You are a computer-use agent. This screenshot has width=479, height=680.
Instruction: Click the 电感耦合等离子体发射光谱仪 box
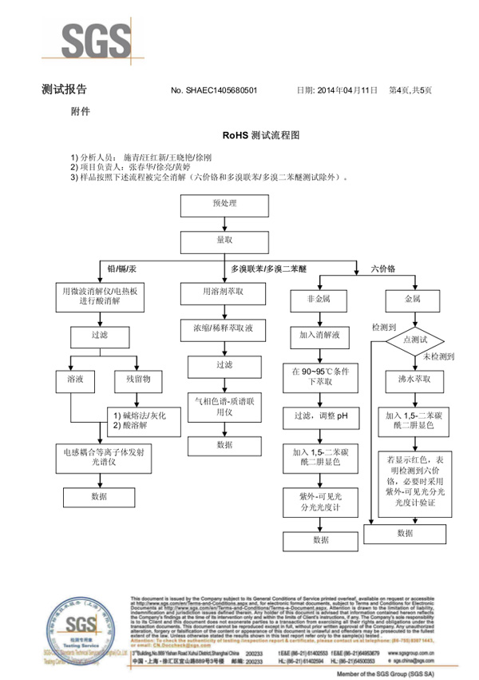coord(101,455)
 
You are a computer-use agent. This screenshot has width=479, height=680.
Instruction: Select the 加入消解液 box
coord(319,335)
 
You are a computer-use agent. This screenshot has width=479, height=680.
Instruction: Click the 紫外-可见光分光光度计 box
coord(319,502)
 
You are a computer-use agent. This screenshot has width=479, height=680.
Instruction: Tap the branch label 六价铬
coord(384,268)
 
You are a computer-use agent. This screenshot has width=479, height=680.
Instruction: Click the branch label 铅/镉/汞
coord(121,268)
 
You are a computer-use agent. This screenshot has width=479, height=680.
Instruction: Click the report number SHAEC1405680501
coord(214,91)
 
